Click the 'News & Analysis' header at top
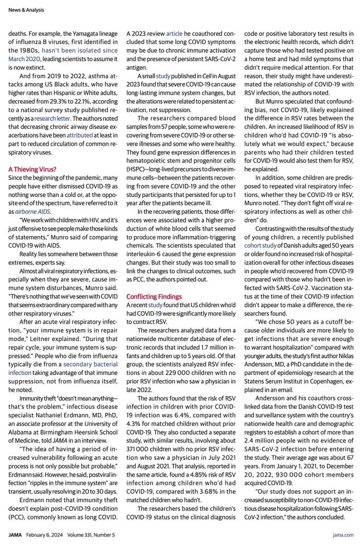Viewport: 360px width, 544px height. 26,10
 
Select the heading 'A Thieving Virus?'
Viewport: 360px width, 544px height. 32,169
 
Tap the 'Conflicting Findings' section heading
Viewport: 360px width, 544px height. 154,296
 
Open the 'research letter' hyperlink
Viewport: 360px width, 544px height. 55,118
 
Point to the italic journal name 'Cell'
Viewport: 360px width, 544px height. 207,76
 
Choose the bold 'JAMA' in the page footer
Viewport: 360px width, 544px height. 15,535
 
